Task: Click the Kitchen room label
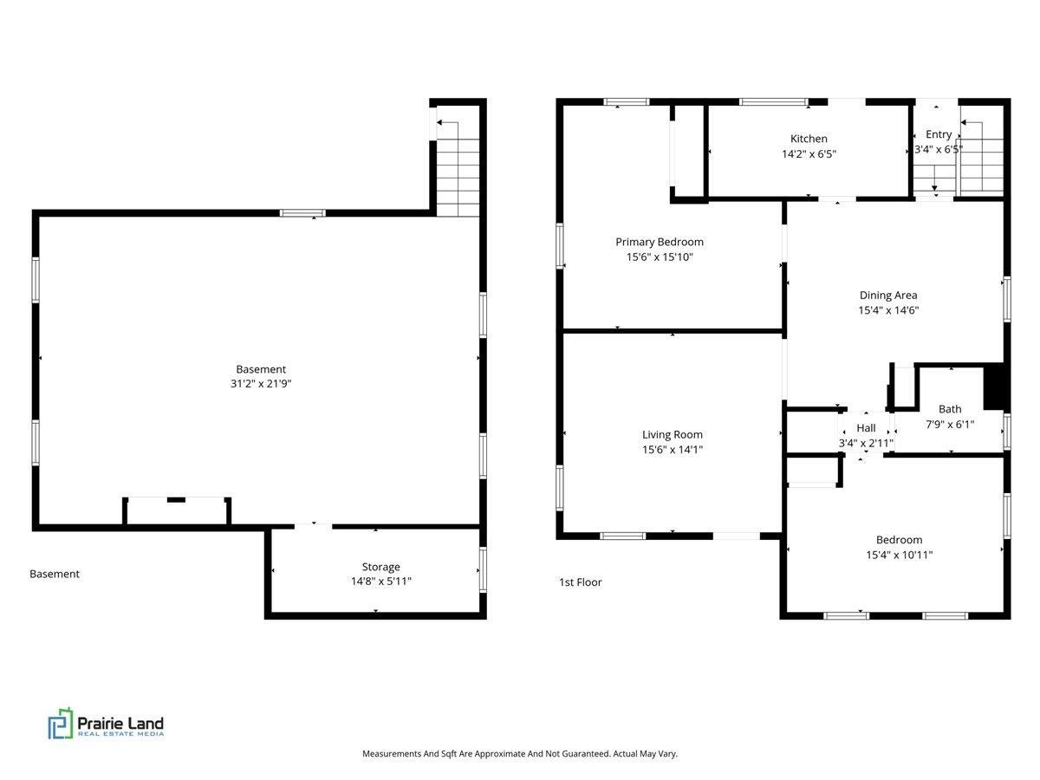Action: [x=809, y=139]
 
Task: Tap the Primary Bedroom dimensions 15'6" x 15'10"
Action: [x=659, y=257]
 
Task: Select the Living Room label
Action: [x=672, y=434]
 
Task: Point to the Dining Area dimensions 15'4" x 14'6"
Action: [x=888, y=310]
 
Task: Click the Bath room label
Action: [x=950, y=409]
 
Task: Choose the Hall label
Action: [x=866, y=427]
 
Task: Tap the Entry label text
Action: [x=938, y=134]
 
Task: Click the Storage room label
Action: [x=380, y=567]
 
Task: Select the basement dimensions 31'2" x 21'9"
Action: [x=261, y=383]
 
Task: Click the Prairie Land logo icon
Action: [x=61, y=724]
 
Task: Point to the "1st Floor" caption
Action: [x=580, y=582]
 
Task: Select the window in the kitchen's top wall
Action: [x=773, y=101]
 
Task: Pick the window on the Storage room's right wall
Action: [x=483, y=569]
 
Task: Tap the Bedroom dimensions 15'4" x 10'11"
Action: [x=899, y=555]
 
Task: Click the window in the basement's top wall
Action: [x=302, y=213]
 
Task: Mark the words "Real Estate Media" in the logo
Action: [x=120, y=734]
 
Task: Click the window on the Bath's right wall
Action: [x=1007, y=432]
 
